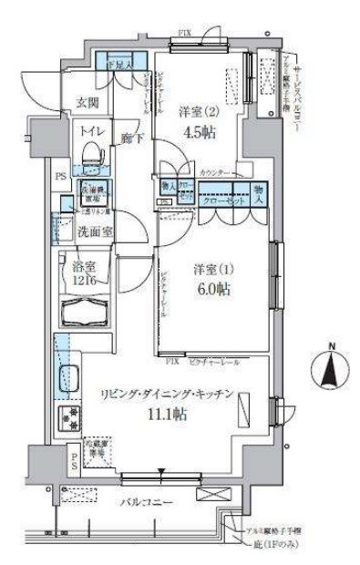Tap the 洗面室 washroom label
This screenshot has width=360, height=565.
coord(95,231)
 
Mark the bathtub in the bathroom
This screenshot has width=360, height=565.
coord(87,313)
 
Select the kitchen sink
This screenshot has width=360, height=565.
coord(69,375)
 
